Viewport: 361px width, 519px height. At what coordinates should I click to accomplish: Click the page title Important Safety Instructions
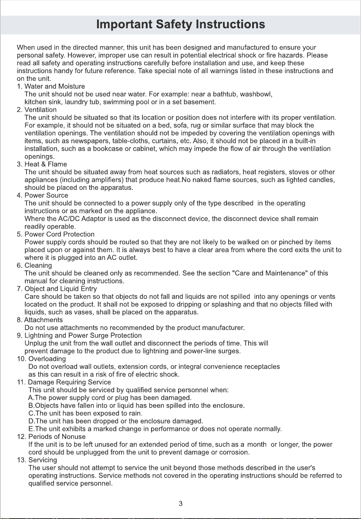(180, 24)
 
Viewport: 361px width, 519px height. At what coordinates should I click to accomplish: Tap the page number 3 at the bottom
(180, 504)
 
